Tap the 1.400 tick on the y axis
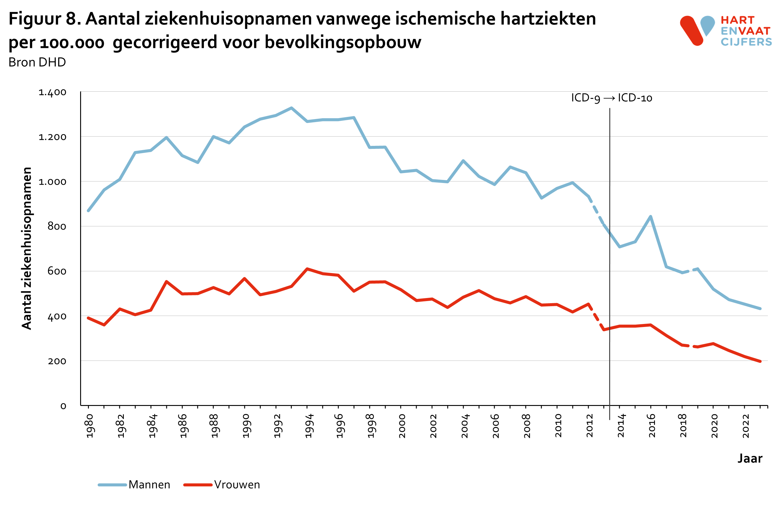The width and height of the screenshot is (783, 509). [52, 92]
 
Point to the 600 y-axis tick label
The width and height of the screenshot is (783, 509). [57, 271]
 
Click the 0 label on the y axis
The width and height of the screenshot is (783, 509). [63, 406]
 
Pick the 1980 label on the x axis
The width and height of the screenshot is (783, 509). [89, 426]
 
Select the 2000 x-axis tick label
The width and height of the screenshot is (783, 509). [402, 426]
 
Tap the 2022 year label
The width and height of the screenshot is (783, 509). [746, 426]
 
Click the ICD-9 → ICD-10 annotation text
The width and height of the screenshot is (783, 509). [611, 98]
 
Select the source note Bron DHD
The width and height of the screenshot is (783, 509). [37, 62]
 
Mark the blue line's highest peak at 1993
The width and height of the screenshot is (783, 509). [291, 108]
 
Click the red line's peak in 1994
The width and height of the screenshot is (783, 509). [307, 269]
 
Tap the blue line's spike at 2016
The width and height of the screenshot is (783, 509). [650, 216]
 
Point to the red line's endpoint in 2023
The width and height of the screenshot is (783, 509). [760, 361]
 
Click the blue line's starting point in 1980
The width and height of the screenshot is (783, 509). [88, 211]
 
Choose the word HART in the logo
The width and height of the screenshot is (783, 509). [737, 20]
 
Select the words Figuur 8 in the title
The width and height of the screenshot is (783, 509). [44, 19]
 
